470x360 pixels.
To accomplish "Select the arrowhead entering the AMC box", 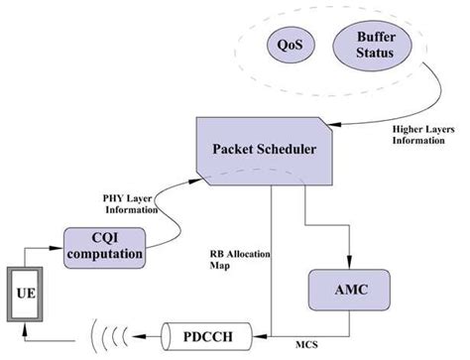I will point(348,259).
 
